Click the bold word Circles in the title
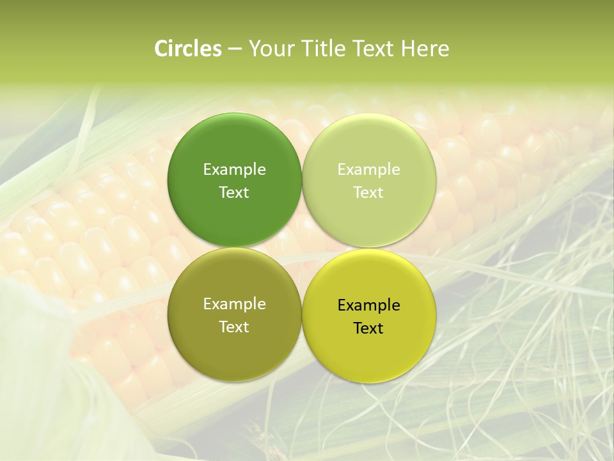pos(188,49)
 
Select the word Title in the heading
pos(320,49)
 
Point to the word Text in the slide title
pos(374,49)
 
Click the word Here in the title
pos(425,49)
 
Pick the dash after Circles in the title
pos(234,49)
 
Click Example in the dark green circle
pos(234,169)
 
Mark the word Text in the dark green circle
pos(234,192)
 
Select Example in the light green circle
pos(368,169)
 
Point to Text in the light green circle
pos(368,192)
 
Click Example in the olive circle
pos(234,303)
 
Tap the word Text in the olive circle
pos(234,327)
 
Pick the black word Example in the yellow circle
pos(368,305)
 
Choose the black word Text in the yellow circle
pos(368,328)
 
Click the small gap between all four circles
pos(302,248)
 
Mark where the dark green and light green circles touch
pos(302,180)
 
